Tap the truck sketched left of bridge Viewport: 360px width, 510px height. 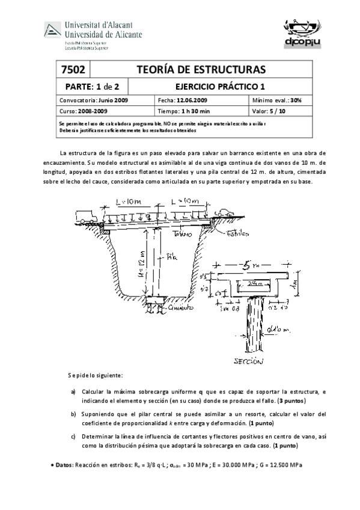point(84,215)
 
